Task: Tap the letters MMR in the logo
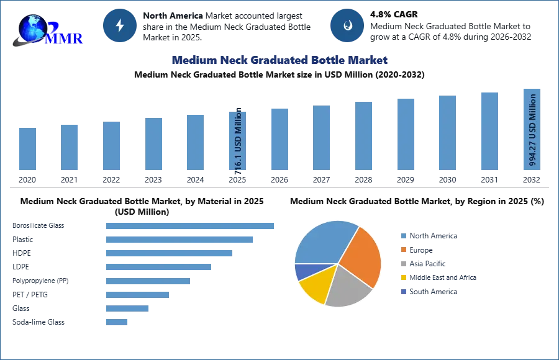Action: (65, 38)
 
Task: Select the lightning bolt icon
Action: (120, 25)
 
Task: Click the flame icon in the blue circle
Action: (347, 25)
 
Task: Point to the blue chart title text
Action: (278, 60)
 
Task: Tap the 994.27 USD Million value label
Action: (532, 129)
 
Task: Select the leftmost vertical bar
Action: (27, 149)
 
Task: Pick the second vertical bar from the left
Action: (70, 148)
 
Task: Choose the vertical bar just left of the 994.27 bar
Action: (489, 132)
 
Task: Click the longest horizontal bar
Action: (191, 225)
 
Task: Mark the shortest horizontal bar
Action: (117, 322)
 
